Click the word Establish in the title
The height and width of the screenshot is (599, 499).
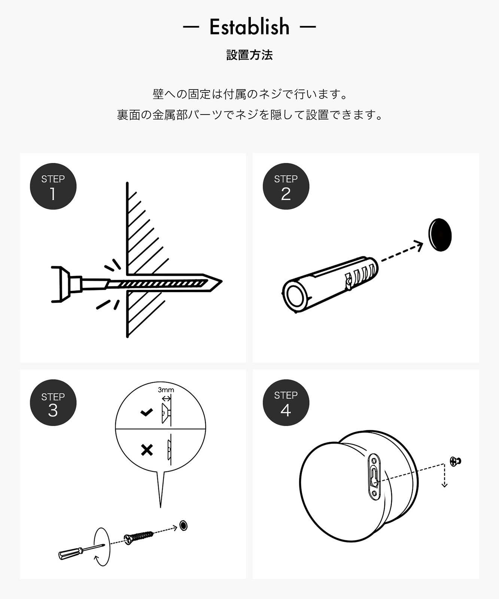click(x=249, y=27)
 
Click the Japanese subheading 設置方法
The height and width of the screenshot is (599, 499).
click(x=249, y=55)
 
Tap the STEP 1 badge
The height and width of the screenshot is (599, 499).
click(x=53, y=186)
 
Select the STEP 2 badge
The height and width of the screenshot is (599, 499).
click(x=286, y=186)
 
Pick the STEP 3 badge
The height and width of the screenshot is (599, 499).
click(x=53, y=403)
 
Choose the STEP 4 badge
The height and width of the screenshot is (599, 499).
click(x=286, y=403)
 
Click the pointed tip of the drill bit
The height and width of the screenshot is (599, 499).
click(x=222, y=282)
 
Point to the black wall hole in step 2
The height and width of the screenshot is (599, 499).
click(x=440, y=235)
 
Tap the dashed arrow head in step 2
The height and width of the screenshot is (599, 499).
click(x=419, y=246)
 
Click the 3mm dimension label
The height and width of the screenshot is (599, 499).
click(x=166, y=390)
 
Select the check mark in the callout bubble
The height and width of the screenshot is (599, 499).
click(x=146, y=413)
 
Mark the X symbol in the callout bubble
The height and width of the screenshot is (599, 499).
click(x=147, y=449)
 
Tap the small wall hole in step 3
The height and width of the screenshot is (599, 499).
click(x=183, y=525)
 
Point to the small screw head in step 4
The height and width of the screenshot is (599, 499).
click(x=456, y=462)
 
